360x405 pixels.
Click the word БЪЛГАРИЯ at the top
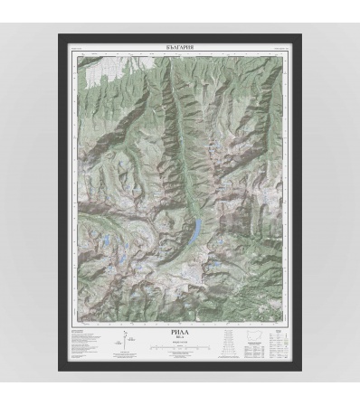(x=180, y=44)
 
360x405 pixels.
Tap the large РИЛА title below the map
(x=180, y=334)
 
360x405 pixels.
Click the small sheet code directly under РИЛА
(x=180, y=339)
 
